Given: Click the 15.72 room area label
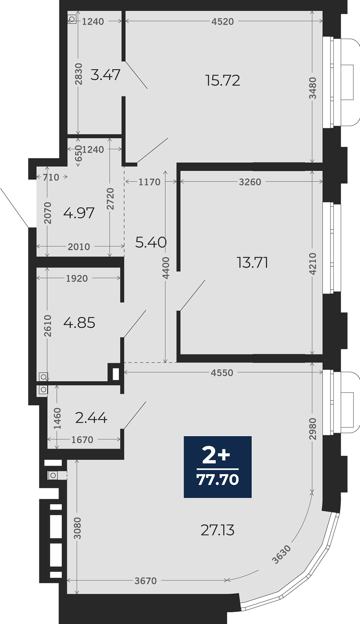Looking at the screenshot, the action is [x=223, y=80].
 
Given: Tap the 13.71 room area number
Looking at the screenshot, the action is [x=252, y=263].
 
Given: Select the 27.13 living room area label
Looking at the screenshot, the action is [x=218, y=530].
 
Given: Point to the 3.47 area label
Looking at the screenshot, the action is [x=105, y=75].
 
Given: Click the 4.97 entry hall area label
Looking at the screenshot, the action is [x=79, y=213].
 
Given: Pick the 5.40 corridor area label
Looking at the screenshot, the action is [x=151, y=242].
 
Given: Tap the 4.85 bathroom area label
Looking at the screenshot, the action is [x=79, y=323].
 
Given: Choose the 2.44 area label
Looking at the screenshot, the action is [x=91, y=418].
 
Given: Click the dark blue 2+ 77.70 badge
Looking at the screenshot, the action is [x=218, y=467].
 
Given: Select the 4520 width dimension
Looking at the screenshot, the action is [x=222, y=21].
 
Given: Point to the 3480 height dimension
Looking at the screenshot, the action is [x=313, y=88].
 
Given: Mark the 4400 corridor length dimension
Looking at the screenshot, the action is [x=166, y=268].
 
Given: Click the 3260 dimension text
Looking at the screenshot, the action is [x=250, y=182].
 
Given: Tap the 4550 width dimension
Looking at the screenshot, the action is [x=222, y=373].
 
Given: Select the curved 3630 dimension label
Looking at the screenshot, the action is [x=282, y=554].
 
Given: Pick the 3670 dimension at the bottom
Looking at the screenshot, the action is [x=146, y=581].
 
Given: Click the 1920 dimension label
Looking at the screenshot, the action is [x=77, y=279].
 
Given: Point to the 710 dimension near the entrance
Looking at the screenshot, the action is [x=51, y=177].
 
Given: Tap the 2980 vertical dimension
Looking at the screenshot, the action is [x=313, y=429].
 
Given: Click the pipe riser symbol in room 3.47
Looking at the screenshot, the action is [x=72, y=19].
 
